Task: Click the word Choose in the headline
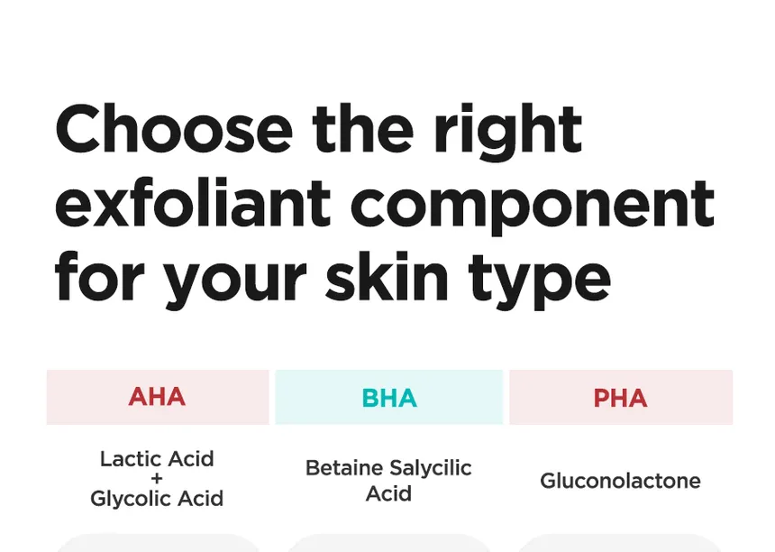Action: coord(174,129)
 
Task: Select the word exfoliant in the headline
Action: coord(192,203)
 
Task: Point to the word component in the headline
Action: coord(533,207)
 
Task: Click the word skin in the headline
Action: coord(387,276)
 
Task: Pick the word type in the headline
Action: coord(539,281)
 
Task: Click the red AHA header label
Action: coord(157,397)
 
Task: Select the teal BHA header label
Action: coord(389,398)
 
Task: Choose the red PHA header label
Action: coord(620,398)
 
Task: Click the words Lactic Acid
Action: coord(157,459)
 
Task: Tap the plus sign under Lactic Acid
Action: coord(157,479)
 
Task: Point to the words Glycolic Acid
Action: coord(157,499)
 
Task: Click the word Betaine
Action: coord(344,468)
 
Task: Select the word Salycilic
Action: coord(431,468)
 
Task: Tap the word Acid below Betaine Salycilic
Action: coord(388,493)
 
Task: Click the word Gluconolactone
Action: coord(620,481)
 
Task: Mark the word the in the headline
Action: coord(363,129)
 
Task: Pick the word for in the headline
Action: coord(99,275)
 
